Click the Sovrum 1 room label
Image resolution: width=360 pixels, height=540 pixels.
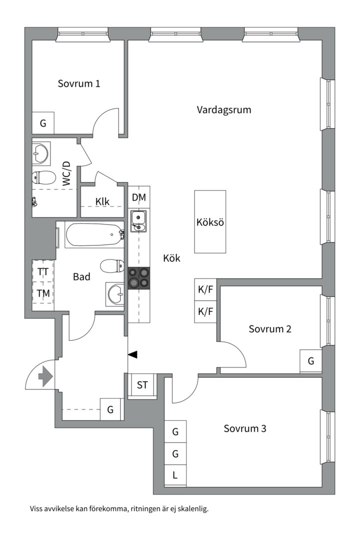click(x=79, y=83)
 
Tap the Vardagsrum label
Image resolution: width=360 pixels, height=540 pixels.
click(x=224, y=110)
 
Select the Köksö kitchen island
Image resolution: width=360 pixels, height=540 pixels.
click(x=210, y=222)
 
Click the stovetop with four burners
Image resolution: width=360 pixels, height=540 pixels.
click(x=139, y=278)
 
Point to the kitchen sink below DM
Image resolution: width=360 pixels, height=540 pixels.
click(x=138, y=221)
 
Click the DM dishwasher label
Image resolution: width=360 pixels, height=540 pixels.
click(x=139, y=197)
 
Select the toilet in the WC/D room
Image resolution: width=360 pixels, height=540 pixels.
click(x=44, y=177)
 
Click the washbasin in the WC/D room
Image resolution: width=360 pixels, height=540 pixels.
click(x=41, y=153)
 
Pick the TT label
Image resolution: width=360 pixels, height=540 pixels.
click(x=43, y=271)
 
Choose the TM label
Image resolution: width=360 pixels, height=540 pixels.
click(x=43, y=293)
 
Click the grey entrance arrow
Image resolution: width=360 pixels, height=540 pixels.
click(x=45, y=376)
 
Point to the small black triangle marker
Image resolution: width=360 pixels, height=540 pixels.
click(x=132, y=354)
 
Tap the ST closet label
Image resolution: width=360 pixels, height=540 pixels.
click(x=142, y=385)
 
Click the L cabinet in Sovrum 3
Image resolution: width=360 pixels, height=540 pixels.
click(x=175, y=475)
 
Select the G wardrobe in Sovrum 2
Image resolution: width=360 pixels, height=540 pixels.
click(x=310, y=361)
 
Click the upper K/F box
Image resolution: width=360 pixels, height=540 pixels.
click(x=205, y=289)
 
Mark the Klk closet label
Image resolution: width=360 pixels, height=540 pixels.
click(x=102, y=201)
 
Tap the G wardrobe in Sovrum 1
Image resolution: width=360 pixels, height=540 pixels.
click(x=43, y=122)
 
